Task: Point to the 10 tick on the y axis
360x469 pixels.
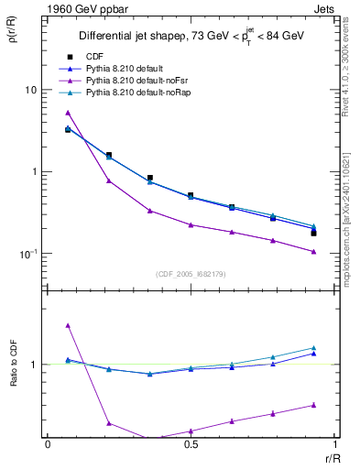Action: pos(31,90)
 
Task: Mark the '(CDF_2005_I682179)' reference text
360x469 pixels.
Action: pos(191,273)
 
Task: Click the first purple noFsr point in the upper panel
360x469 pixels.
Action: pos(68,113)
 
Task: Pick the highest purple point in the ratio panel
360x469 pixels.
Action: pos(68,325)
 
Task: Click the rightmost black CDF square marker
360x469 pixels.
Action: pos(313,234)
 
